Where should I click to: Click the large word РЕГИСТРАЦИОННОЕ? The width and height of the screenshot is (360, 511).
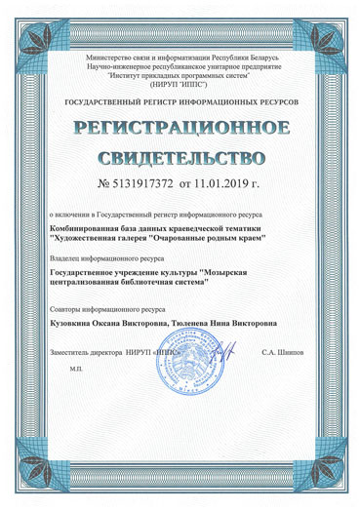pos(181,129)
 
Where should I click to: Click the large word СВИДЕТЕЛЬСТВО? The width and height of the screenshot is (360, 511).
pos(181,157)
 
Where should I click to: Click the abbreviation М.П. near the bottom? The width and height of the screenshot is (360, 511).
pos(77,369)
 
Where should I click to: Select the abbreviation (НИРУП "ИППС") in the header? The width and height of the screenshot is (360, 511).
pos(180,84)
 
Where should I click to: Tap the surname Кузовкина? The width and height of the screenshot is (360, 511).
pos(73,319)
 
